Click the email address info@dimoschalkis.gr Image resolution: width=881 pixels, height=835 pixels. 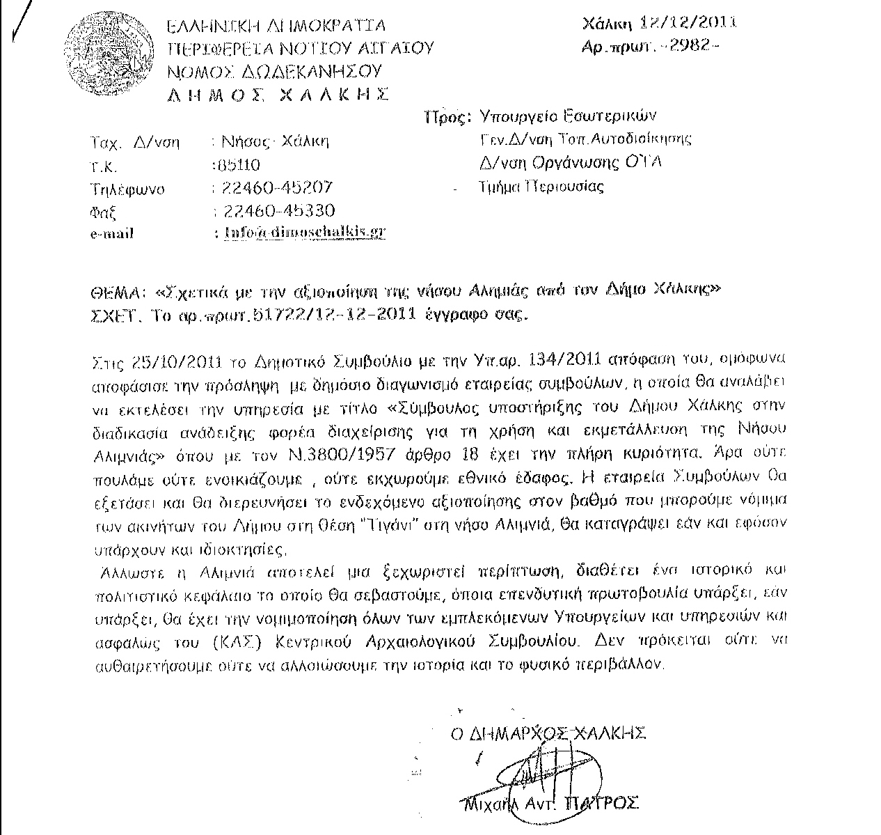pyautogui.click(x=304, y=233)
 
